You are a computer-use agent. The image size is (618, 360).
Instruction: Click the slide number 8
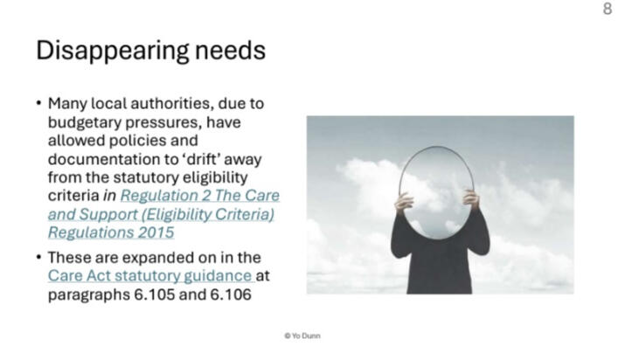608,9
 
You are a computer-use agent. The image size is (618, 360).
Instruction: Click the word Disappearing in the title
112,51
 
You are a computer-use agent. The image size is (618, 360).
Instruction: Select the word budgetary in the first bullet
84,122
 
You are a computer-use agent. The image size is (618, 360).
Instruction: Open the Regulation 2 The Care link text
200,196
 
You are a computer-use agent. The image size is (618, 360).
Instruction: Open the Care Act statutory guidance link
150,276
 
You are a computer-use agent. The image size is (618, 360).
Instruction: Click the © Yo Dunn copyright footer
302,336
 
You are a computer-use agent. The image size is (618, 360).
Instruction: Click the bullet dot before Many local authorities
38,104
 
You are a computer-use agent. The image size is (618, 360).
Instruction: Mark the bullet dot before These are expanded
38,258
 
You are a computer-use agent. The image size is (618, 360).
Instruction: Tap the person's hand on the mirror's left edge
404,202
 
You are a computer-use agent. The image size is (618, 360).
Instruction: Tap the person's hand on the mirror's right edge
470,199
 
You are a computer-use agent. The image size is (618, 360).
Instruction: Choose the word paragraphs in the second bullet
88,295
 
